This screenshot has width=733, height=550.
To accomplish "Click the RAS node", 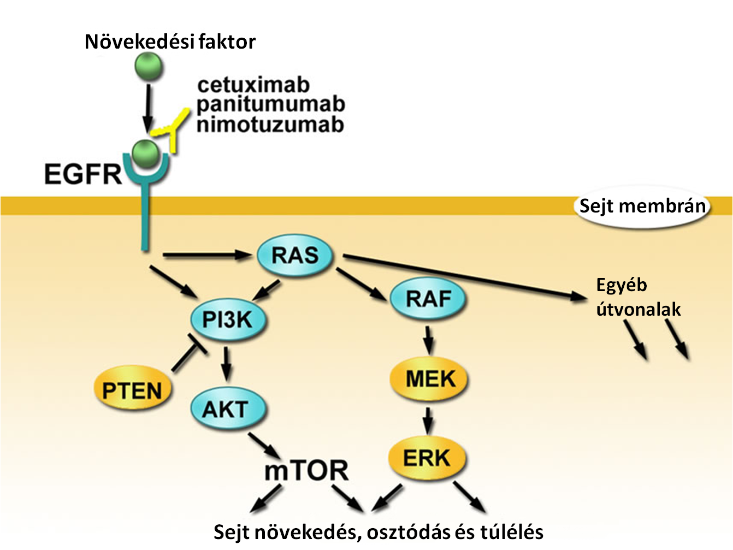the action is tap(295, 255).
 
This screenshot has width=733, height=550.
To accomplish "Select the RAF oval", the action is tap(428, 298).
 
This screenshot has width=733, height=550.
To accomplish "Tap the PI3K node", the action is tap(228, 320).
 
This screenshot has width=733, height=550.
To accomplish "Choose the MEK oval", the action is tap(429, 380).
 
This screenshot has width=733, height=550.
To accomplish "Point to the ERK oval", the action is tap(428, 458).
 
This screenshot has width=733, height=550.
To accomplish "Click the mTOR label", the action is tap(306, 470).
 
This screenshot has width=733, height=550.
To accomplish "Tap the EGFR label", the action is tap(83, 174).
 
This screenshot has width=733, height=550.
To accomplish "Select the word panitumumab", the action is tap(271, 104).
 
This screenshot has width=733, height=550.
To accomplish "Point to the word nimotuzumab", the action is tap(270, 125).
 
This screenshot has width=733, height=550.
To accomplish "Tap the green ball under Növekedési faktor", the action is tap(149, 67).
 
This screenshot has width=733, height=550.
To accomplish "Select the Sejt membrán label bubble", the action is tap(642, 206).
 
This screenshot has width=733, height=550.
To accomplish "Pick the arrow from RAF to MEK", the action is tap(429, 340).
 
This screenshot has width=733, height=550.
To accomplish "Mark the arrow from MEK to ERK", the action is tap(428, 420).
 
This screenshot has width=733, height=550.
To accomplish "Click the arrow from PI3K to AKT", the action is tap(227, 364).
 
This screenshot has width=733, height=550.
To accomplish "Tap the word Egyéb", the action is tap(622, 286).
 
